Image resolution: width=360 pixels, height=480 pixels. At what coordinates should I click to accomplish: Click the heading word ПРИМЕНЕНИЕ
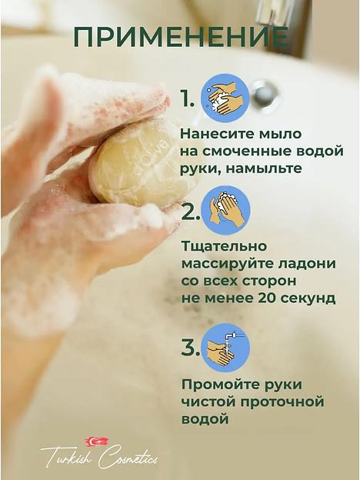182,36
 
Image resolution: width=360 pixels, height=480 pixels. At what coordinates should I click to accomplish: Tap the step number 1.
188,98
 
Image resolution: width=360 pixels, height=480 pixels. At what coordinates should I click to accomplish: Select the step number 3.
190,348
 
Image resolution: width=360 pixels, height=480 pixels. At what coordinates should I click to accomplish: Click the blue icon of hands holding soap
225,98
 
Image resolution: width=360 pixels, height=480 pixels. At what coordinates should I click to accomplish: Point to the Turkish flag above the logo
97,441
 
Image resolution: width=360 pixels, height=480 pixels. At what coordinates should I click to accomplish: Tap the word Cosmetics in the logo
128,457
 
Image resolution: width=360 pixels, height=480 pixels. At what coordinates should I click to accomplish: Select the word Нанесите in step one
215,134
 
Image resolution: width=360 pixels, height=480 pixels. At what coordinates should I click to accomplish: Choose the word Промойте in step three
218,384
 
